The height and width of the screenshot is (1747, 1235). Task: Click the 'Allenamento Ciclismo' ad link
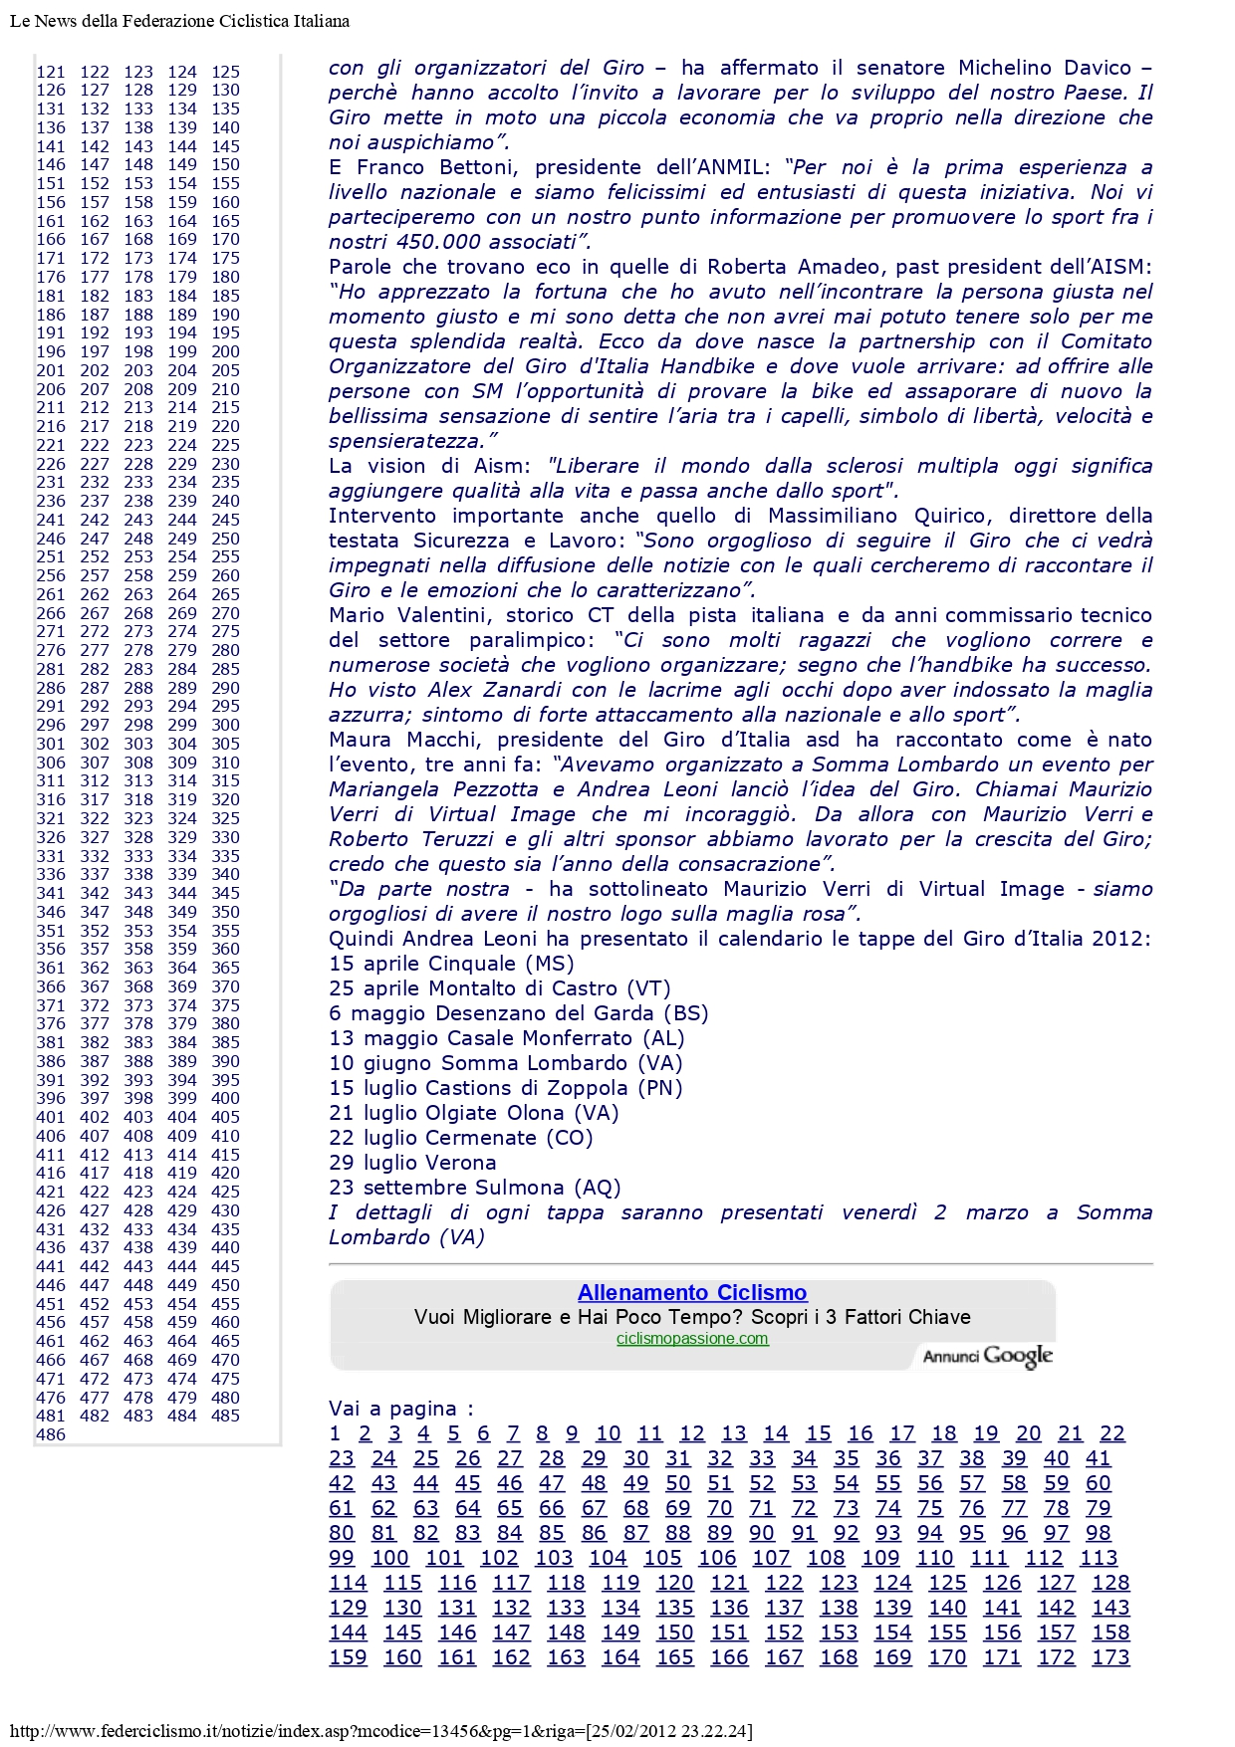(x=692, y=1292)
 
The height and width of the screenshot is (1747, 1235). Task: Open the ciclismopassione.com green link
(x=692, y=1339)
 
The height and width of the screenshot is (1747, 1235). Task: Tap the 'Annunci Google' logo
(x=987, y=1356)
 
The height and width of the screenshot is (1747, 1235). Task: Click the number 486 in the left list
(x=51, y=1434)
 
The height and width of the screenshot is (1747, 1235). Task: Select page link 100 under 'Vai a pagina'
(x=390, y=1558)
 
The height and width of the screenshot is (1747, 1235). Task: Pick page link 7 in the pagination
(x=513, y=1433)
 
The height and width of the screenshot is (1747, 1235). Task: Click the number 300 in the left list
(x=225, y=725)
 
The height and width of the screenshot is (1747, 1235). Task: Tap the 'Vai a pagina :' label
(x=401, y=1409)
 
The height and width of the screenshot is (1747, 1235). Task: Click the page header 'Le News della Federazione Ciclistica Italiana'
(x=179, y=21)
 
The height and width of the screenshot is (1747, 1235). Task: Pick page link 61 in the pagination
(x=342, y=1508)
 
